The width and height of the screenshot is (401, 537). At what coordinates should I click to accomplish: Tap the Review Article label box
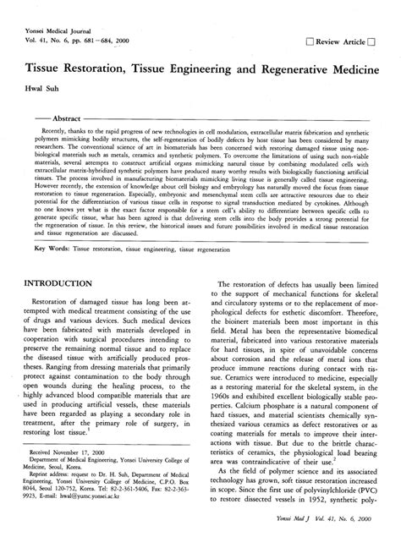pos(343,41)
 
